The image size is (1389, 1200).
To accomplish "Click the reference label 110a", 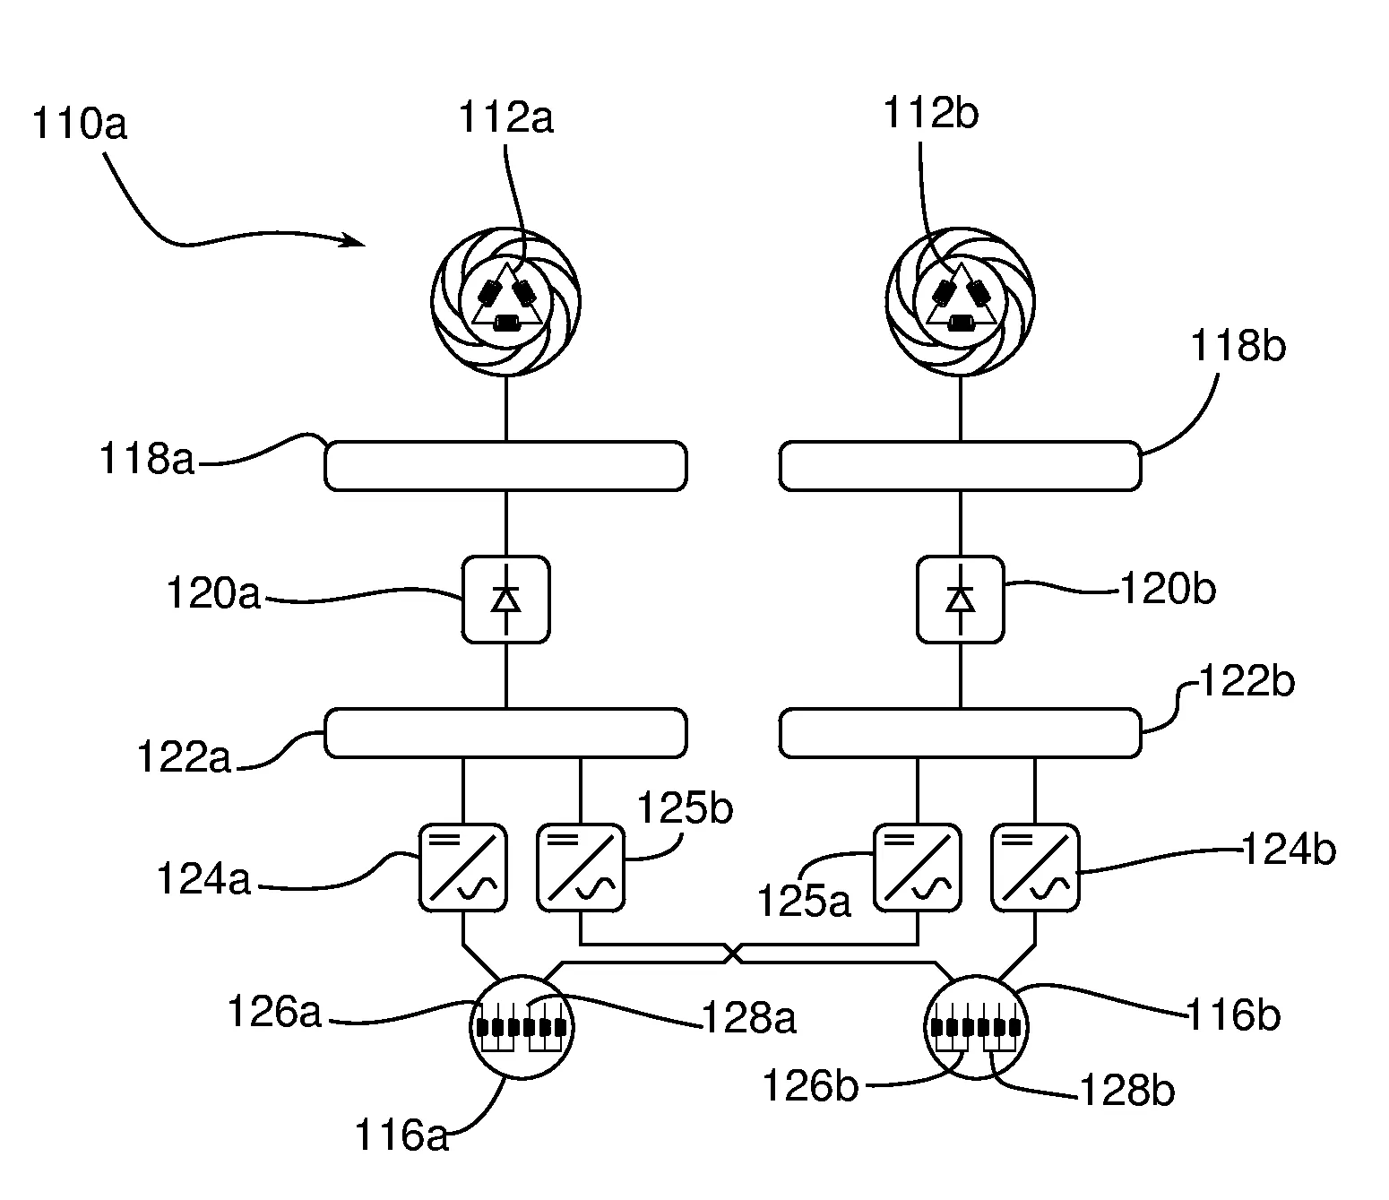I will click(79, 124).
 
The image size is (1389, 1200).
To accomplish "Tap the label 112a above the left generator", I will click(505, 118).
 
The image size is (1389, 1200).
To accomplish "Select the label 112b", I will click(930, 115).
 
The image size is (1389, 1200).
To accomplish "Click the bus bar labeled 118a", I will click(505, 466).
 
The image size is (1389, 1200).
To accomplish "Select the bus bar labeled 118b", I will click(960, 466).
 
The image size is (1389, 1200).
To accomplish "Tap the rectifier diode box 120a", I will click(506, 599).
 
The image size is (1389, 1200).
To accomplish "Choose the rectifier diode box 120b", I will click(961, 599).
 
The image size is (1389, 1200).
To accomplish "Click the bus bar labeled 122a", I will click(505, 733).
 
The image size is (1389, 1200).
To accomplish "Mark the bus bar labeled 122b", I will click(960, 733).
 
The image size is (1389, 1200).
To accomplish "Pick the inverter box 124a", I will click(462, 868).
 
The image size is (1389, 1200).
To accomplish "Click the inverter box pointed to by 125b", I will click(581, 868).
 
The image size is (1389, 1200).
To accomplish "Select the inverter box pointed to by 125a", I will click(917, 868).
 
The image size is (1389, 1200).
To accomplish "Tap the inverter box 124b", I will click(1035, 868).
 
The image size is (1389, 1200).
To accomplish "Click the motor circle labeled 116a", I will click(522, 1027).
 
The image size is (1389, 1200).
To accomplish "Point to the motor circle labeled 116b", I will click(976, 1027).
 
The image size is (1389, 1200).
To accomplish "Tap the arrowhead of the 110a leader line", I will click(360, 242).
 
